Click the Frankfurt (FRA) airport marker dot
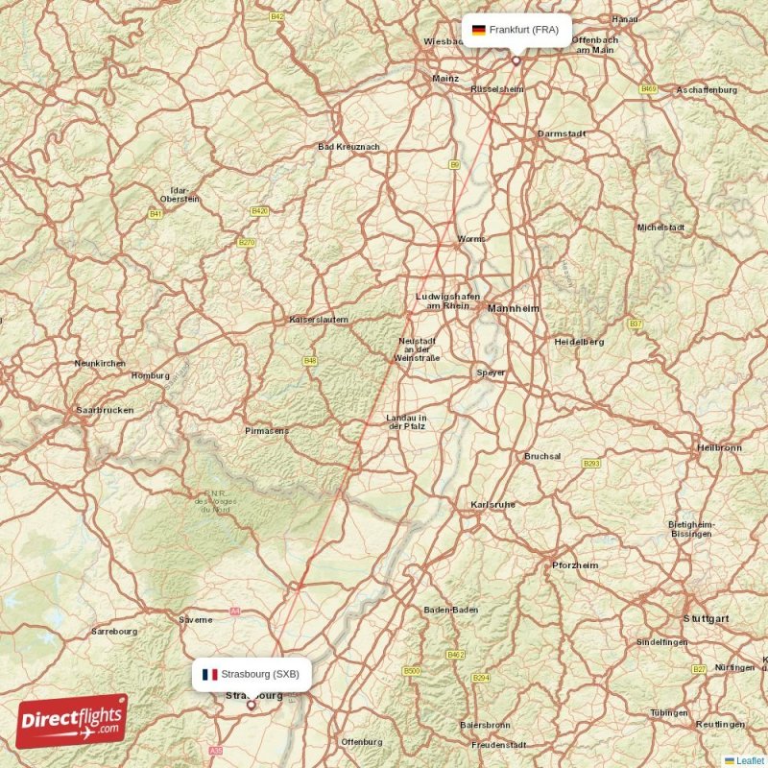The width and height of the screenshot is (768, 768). point(516,60)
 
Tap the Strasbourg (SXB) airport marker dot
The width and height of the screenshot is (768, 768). point(252,705)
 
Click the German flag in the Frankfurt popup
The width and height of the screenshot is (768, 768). point(478,30)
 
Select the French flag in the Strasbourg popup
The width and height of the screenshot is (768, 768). point(209,674)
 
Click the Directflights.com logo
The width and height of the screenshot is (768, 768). point(72,721)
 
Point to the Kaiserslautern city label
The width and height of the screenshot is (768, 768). point(319,320)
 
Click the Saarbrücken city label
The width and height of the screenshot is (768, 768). point(105,410)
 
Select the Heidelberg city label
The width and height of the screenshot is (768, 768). point(579,341)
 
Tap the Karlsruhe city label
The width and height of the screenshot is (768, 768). point(493,504)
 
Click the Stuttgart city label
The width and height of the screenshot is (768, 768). point(707,618)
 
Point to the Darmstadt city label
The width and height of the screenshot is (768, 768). point(562,133)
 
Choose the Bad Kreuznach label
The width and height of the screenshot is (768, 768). point(348,147)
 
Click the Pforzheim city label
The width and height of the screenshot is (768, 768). point(575,565)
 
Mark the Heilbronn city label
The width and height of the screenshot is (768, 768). point(719,447)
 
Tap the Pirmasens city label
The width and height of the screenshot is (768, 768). point(266,431)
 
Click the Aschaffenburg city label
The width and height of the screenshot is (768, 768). point(707,89)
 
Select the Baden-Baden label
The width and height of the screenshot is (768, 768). point(451,610)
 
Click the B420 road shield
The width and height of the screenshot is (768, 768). point(259,210)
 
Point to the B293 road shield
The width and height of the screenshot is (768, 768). point(591,463)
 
